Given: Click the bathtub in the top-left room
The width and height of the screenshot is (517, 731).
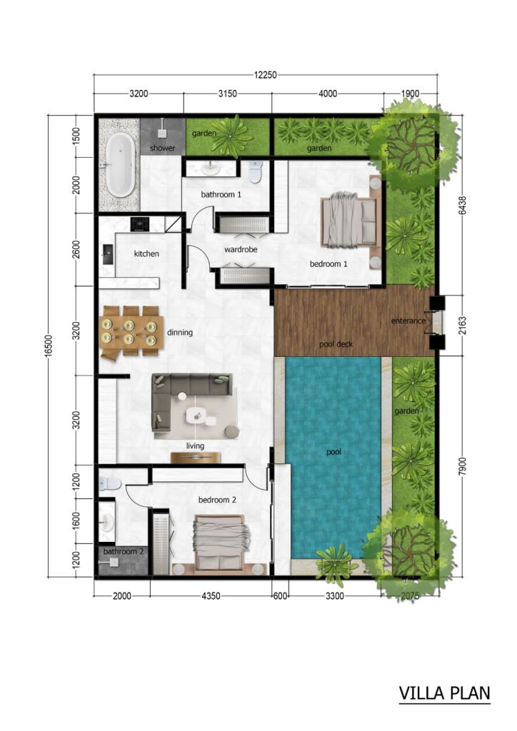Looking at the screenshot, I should click(x=119, y=166).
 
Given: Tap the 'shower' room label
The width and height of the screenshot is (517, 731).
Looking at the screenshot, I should click(x=162, y=148).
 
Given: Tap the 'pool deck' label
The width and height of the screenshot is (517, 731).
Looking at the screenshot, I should click(x=336, y=345).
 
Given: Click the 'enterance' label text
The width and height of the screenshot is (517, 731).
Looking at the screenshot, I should click(x=408, y=321).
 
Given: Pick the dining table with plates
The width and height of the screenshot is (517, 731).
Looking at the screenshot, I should click(x=129, y=330).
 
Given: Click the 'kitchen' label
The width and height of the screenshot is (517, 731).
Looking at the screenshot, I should click(x=146, y=253).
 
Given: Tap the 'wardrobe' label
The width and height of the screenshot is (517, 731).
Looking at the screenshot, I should click(x=241, y=250).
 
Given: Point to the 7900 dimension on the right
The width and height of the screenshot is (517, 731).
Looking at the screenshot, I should click(x=462, y=468).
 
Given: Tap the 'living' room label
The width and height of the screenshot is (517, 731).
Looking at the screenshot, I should click(x=195, y=445).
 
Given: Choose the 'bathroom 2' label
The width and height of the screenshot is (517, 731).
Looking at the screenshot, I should click(x=124, y=552).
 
